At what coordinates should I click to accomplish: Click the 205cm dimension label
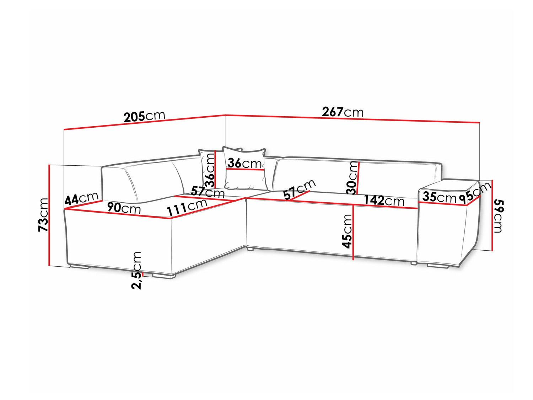click(x=144, y=116)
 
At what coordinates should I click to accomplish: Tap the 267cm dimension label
click(x=343, y=112)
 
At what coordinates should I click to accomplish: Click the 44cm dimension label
click(x=82, y=198)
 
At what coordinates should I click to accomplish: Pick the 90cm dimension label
click(x=124, y=208)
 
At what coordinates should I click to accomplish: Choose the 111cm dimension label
click(x=187, y=208)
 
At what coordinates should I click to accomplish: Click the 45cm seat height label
click(x=346, y=231)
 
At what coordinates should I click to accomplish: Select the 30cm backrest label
click(x=352, y=178)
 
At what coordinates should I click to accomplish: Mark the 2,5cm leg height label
click(x=136, y=270)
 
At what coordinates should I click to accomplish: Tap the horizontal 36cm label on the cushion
click(x=244, y=163)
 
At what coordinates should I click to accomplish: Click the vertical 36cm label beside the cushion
click(x=209, y=170)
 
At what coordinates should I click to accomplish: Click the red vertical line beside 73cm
click(x=49, y=215)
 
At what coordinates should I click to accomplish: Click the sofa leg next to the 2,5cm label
click(x=164, y=276)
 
